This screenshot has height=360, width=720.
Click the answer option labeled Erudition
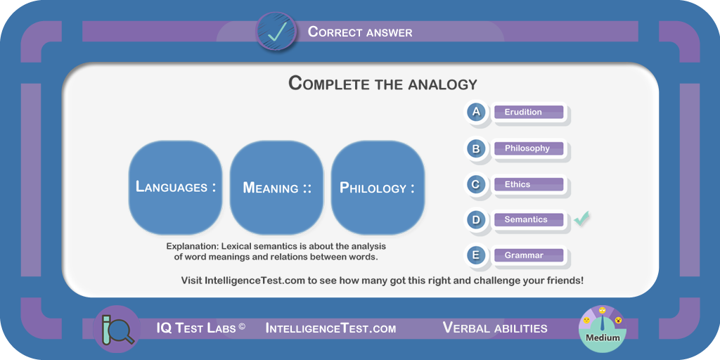(x=529, y=112)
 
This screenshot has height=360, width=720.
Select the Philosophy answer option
(x=529, y=148)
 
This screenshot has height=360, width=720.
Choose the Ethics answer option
(x=529, y=185)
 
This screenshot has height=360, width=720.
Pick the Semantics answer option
(x=529, y=219)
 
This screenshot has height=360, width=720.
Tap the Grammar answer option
(x=529, y=255)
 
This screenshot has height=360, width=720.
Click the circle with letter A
(x=476, y=112)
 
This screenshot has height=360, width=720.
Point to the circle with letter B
(x=476, y=148)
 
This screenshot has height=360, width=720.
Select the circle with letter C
(x=476, y=184)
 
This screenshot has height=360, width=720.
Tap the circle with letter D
(x=476, y=219)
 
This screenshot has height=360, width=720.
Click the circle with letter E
(x=476, y=255)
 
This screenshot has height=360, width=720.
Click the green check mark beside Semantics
(x=581, y=219)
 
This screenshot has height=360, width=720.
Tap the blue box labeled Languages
(x=175, y=187)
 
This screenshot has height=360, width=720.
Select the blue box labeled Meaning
(x=276, y=187)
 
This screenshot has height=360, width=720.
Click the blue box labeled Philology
(x=378, y=187)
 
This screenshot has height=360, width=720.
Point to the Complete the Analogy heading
(x=383, y=84)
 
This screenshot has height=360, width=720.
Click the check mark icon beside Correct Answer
(x=276, y=32)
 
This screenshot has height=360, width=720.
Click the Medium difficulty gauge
(x=603, y=329)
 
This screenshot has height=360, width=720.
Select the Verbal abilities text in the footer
(x=495, y=328)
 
